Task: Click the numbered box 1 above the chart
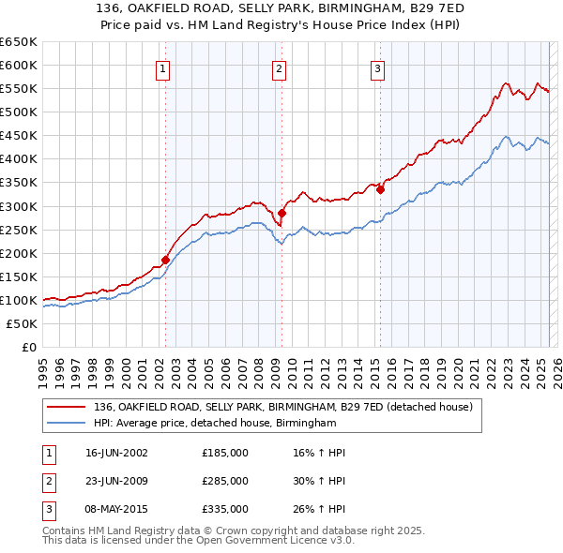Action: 163,67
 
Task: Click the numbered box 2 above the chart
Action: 280,67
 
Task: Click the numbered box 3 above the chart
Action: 377,67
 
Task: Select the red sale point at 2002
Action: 165,260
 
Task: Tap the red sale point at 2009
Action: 281,213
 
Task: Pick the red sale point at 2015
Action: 380,189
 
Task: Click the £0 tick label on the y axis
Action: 27,347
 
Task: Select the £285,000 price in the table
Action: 225,481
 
